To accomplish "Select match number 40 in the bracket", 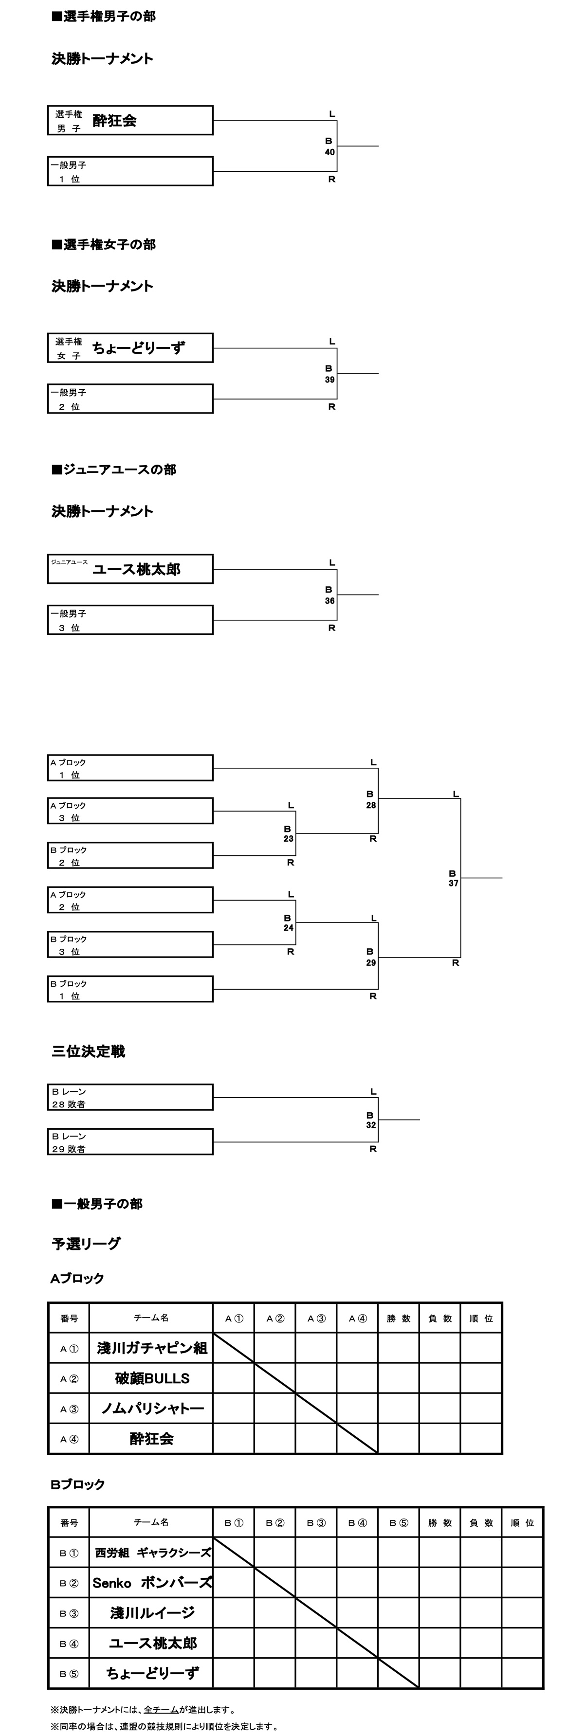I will click(329, 152).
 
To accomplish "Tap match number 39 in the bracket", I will click(329, 380).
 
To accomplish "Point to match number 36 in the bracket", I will click(329, 601).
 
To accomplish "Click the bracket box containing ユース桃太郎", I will click(130, 569).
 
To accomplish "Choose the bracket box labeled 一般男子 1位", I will click(130, 172).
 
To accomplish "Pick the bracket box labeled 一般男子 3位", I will click(130, 620).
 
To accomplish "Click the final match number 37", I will click(453, 883).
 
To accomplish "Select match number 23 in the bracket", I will click(288, 838).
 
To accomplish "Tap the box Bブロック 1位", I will click(130, 990).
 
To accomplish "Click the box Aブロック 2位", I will click(130, 901).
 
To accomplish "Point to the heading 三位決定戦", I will click(88, 1051).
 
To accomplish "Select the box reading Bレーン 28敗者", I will click(130, 1097).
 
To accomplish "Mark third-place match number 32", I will click(370, 1125).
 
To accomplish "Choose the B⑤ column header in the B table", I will click(399, 1523).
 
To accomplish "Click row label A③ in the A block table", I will click(69, 1409).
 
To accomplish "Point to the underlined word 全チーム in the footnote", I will click(161, 1709).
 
